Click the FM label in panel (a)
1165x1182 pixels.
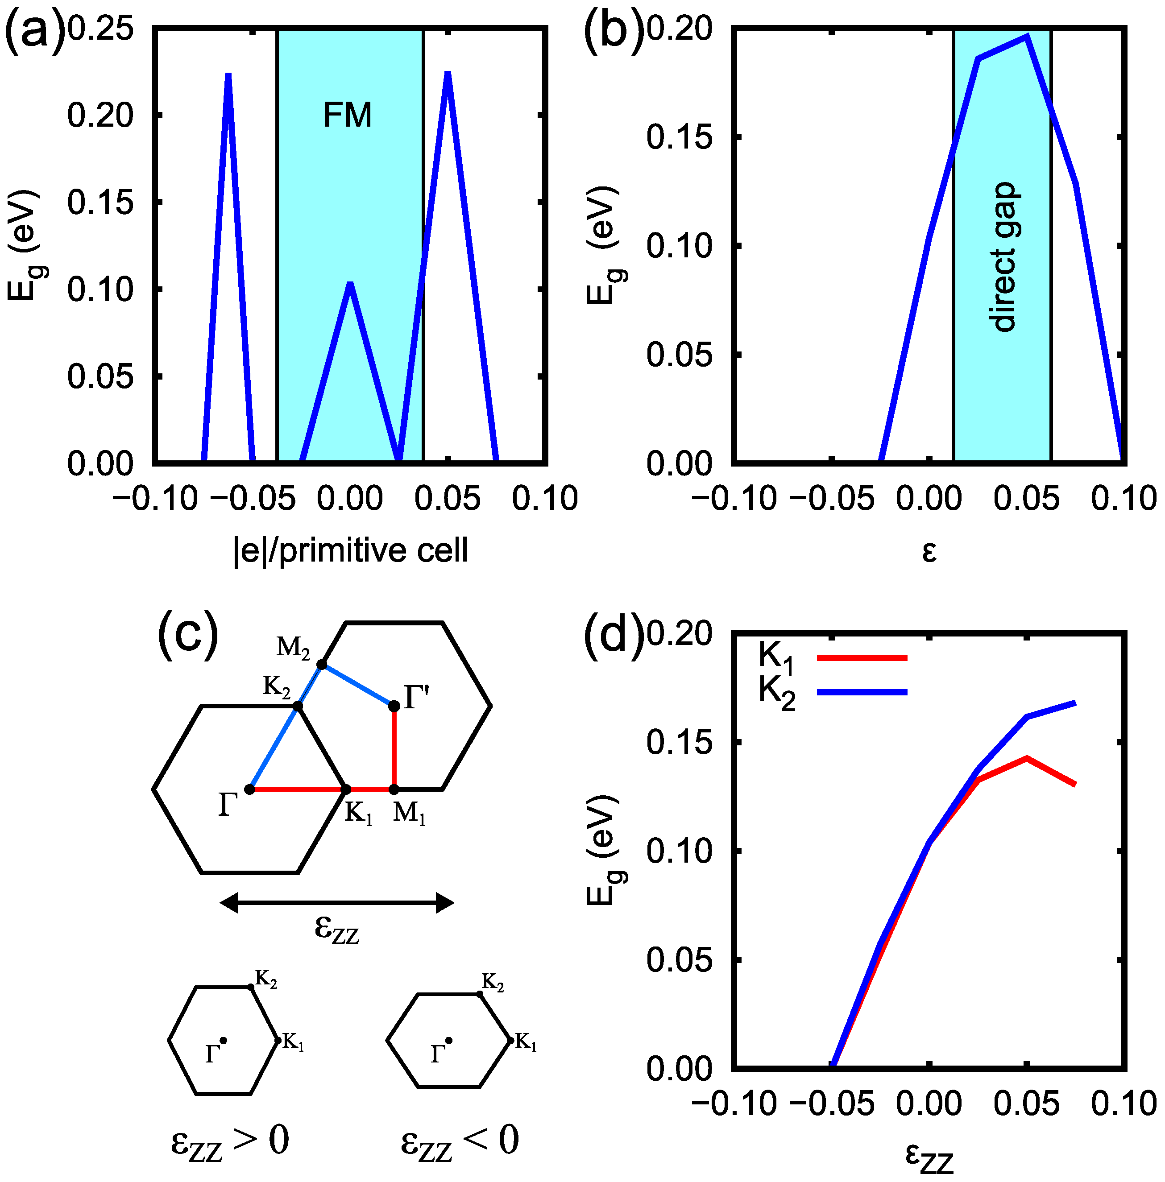tap(347, 115)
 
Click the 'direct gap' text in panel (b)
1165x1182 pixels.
tap(1003, 257)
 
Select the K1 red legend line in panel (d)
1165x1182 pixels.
tap(862, 658)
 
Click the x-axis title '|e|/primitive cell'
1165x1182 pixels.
tap(351, 550)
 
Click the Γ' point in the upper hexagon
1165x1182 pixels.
tap(394, 706)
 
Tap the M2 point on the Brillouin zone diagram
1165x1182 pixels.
tap(322, 665)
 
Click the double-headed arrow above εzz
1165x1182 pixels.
tap(336, 902)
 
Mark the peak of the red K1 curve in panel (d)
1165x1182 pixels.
tap(1027, 759)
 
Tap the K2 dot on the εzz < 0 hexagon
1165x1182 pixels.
tap(480, 994)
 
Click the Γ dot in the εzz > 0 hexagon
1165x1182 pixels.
tap(224, 1040)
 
